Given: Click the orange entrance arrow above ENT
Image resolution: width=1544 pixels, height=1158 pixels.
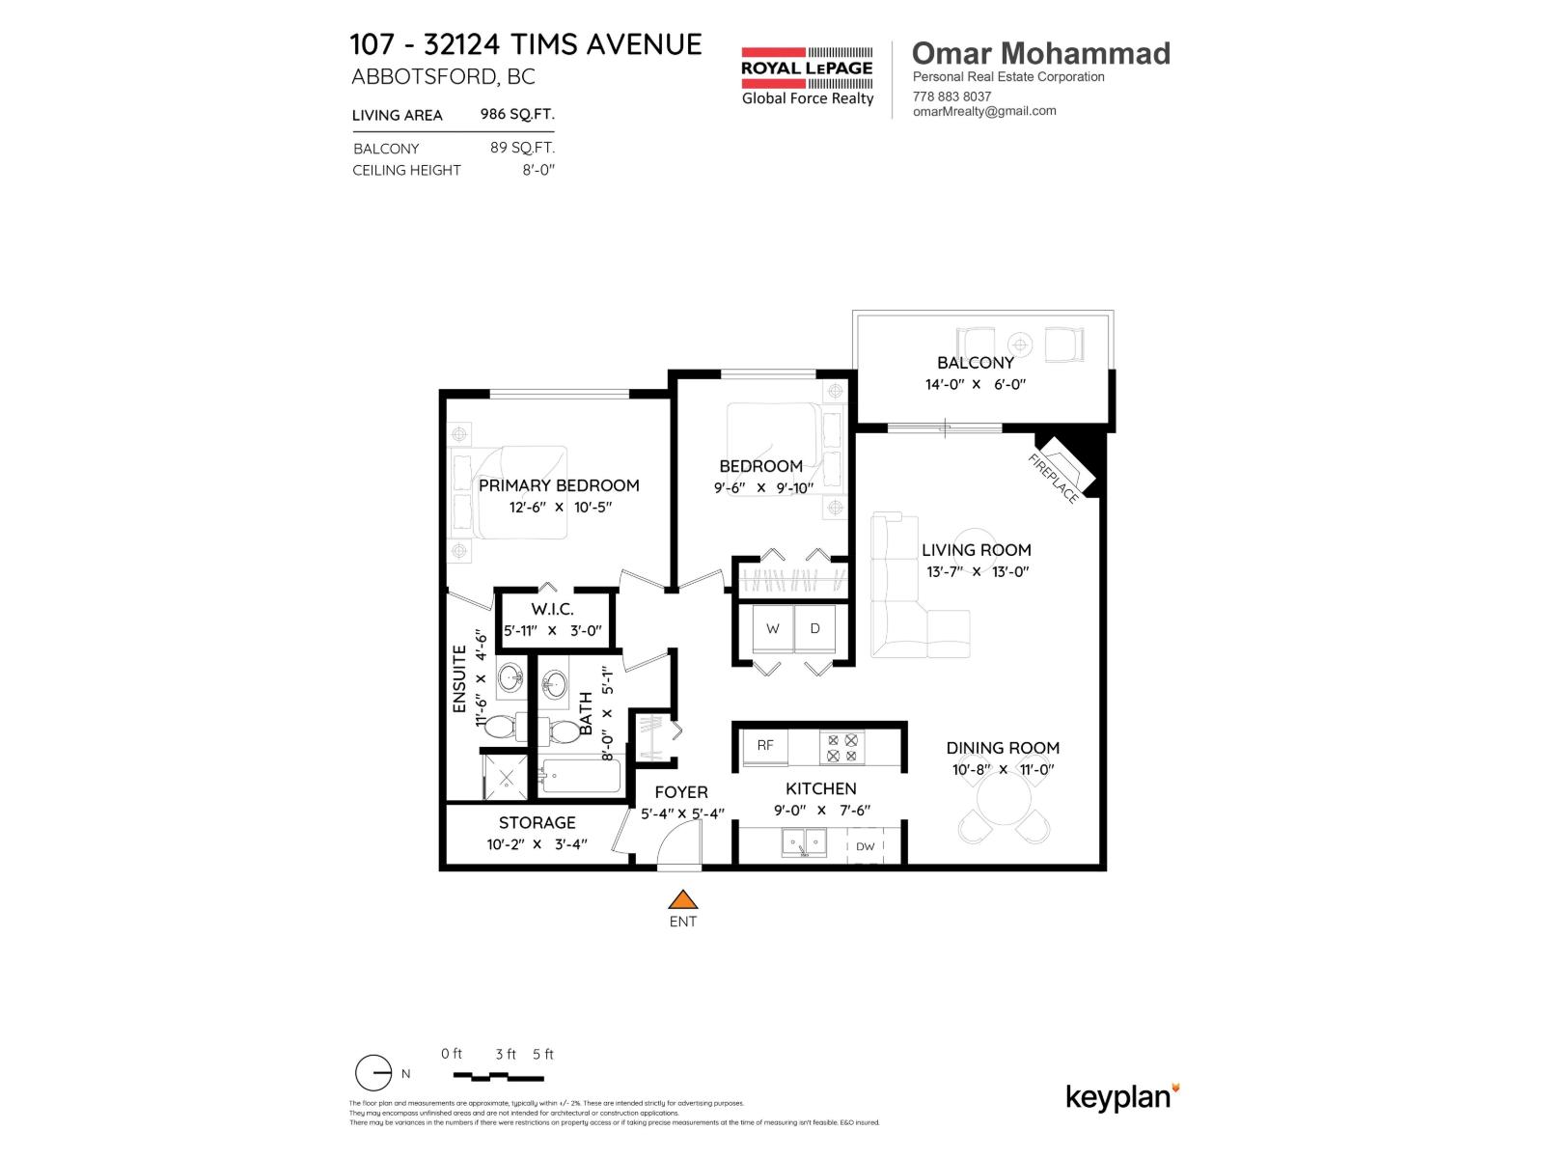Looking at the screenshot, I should tap(683, 900).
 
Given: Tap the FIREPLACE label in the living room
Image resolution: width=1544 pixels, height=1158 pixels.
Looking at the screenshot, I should tap(1053, 479).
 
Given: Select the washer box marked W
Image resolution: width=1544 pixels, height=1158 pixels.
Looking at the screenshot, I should tap(773, 628).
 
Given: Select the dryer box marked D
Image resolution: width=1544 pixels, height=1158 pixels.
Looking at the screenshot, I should tap(815, 628).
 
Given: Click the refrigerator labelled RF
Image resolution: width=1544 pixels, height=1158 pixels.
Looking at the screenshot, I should tap(765, 745).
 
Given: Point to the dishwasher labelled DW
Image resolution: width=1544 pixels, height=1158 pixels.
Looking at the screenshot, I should tap(866, 846).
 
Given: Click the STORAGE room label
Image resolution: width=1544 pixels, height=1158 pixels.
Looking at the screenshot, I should tap(537, 822).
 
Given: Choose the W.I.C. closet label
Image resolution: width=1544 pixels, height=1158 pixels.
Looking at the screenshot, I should tap(552, 609).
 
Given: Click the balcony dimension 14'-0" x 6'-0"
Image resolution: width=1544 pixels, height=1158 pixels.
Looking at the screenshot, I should tap(975, 384).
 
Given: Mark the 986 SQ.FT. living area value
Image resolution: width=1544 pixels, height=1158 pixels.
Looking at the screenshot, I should tap(517, 114).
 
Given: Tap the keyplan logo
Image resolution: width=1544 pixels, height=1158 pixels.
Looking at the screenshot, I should tap(1122, 1097).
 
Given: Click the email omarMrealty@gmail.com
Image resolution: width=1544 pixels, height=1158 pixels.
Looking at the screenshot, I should tap(984, 111).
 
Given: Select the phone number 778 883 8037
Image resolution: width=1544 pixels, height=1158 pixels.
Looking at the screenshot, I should tap(951, 96).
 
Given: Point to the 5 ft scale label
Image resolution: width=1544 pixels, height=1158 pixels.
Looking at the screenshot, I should tap(543, 1054).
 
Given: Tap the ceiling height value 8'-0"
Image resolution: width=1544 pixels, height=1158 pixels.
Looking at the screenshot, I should tap(538, 170).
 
